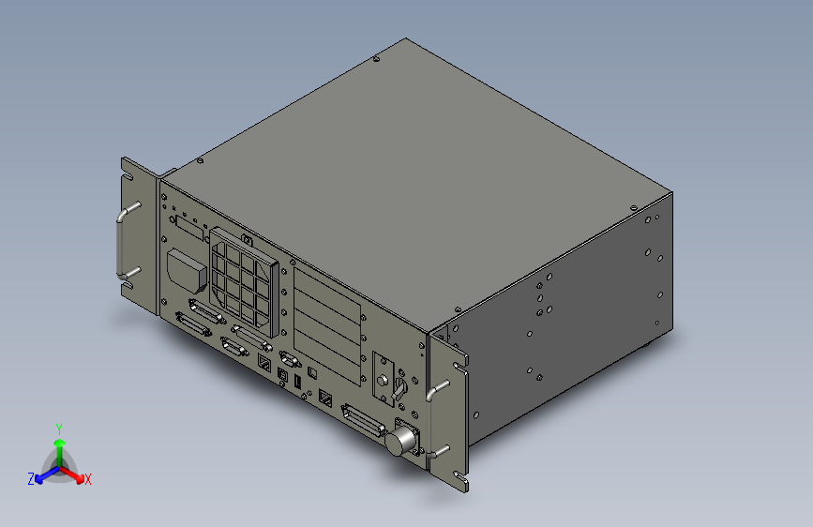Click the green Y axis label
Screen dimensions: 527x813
coord(59,427)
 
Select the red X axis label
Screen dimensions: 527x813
coord(88,479)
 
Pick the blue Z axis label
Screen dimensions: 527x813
coord(31,478)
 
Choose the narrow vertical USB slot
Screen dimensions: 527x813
coord(297,384)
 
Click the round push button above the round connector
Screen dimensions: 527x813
coord(383,381)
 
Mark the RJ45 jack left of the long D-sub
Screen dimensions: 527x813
coord(325,399)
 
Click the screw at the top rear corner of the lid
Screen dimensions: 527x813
coord(376,60)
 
